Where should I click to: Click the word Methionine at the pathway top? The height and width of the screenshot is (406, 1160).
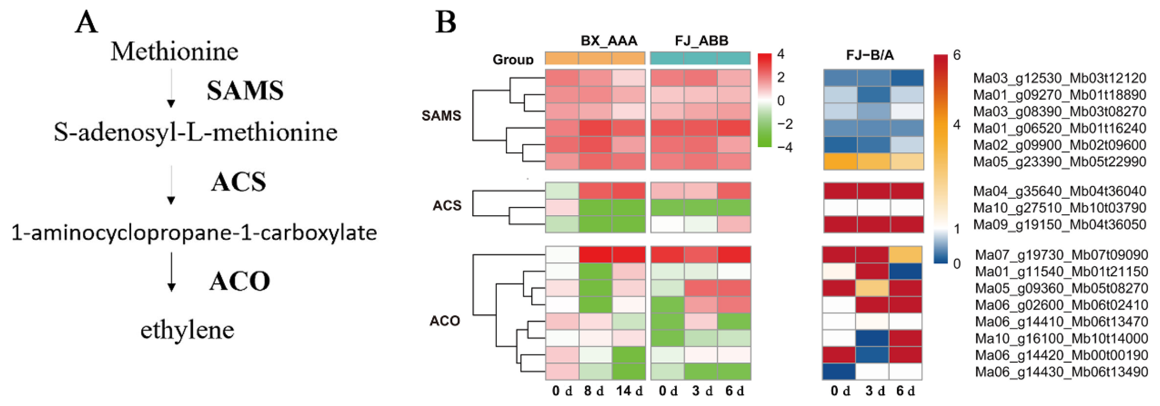click(174, 52)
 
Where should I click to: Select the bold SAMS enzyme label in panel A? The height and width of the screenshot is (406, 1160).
click(245, 90)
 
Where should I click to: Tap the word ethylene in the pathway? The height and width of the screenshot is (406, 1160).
click(187, 330)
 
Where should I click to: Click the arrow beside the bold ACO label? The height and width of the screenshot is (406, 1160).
click(171, 272)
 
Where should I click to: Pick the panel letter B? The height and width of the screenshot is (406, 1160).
click(446, 22)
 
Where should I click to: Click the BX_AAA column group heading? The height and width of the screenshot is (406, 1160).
click(609, 41)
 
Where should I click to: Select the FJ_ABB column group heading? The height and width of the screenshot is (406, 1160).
click(701, 41)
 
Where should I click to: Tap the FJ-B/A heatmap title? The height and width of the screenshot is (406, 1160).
click(870, 55)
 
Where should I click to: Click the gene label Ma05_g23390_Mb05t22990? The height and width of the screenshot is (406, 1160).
click(1059, 162)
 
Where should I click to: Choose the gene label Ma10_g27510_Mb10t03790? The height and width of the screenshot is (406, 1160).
click(1059, 208)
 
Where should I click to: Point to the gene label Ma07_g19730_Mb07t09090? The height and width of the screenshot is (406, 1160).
click(1061, 255)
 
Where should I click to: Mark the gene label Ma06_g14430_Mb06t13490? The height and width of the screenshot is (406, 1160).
click(1061, 372)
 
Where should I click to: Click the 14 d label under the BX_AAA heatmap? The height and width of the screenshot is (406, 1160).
click(629, 391)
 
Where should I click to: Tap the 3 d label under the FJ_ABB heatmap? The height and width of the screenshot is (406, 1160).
click(701, 391)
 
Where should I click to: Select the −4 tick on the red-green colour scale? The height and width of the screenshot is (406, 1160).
click(785, 148)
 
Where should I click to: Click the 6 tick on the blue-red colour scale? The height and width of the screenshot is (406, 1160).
click(957, 55)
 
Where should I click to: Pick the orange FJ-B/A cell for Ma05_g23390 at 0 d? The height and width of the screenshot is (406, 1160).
click(840, 162)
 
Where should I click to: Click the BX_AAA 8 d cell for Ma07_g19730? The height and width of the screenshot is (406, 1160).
click(595, 255)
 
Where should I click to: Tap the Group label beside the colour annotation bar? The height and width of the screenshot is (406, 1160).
click(513, 59)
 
